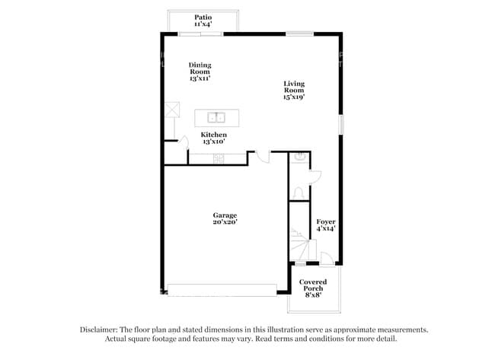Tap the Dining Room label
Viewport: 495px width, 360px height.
pos(200,72)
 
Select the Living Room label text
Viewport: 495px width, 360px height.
pos(294,91)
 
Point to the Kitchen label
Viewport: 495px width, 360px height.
pos(214,138)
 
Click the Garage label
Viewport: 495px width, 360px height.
pos(225,218)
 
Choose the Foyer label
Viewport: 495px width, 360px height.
pos(326,225)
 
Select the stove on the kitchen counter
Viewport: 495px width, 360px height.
pos(219,158)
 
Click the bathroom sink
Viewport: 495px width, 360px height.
pos(299,158)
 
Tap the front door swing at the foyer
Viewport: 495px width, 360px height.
pos(326,260)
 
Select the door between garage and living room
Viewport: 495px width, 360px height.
pos(261,155)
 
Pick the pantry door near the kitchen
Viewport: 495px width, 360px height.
pos(183,142)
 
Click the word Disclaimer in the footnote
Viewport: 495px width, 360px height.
pos(104,330)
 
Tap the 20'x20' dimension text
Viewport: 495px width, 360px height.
pos(225,223)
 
